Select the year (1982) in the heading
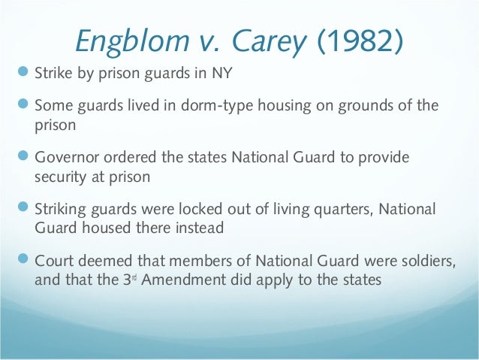coord(354,44)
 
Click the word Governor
coord(63,159)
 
